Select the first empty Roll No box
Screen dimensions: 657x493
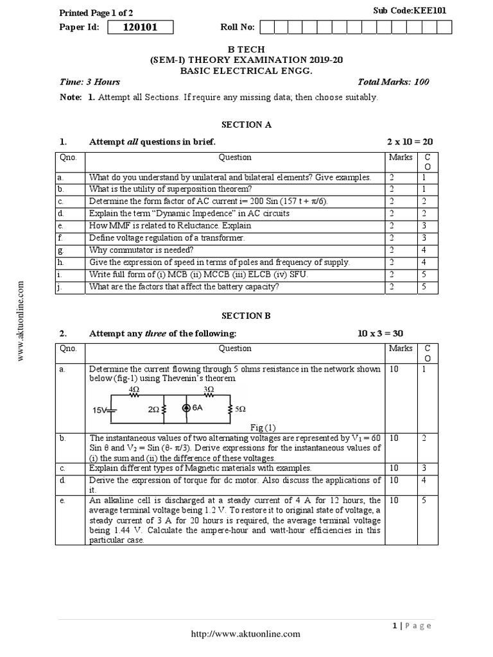267,27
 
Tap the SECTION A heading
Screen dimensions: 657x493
246,124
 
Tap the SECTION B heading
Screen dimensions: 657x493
246,316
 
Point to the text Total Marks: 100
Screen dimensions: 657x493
394,81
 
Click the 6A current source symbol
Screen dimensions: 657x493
186,407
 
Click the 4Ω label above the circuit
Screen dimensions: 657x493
134,389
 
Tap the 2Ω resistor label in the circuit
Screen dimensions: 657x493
153,408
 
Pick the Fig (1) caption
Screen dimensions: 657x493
262,427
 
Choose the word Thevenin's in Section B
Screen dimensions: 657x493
187,379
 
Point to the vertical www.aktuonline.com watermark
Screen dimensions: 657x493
21,320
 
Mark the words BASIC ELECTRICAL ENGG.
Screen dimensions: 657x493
246,70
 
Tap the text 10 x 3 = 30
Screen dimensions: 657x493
381,333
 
